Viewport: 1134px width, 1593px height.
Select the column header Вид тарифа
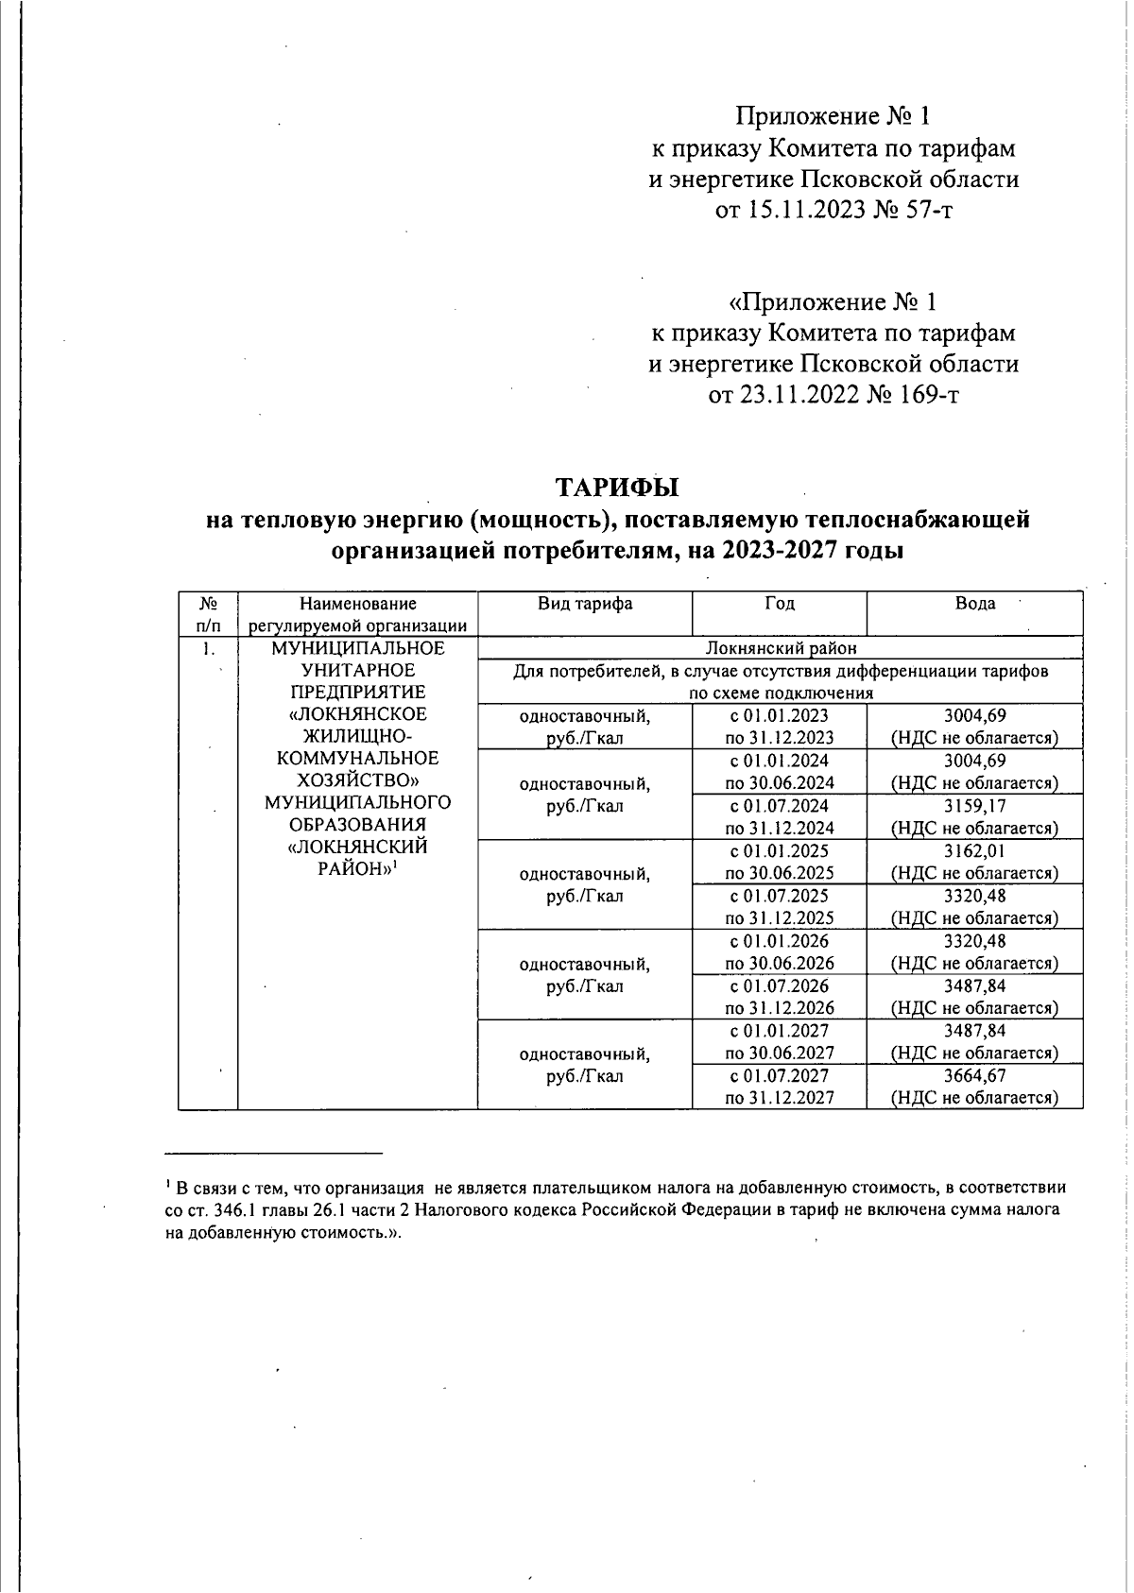[584, 604]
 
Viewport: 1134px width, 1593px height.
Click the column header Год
[780, 604]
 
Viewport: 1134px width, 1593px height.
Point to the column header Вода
[974, 604]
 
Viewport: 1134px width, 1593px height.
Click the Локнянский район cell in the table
[780, 648]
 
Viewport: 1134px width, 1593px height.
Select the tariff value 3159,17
[974, 806]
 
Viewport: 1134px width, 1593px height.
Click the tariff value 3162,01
[974, 850]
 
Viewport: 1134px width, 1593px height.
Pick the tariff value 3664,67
[974, 1075]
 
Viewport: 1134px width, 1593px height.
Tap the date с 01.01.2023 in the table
[780, 716]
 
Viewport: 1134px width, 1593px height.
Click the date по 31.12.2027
[780, 1098]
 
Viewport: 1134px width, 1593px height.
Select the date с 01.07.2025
[780, 896]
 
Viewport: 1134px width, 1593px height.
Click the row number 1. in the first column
[208, 648]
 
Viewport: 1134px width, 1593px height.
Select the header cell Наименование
[357, 604]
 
